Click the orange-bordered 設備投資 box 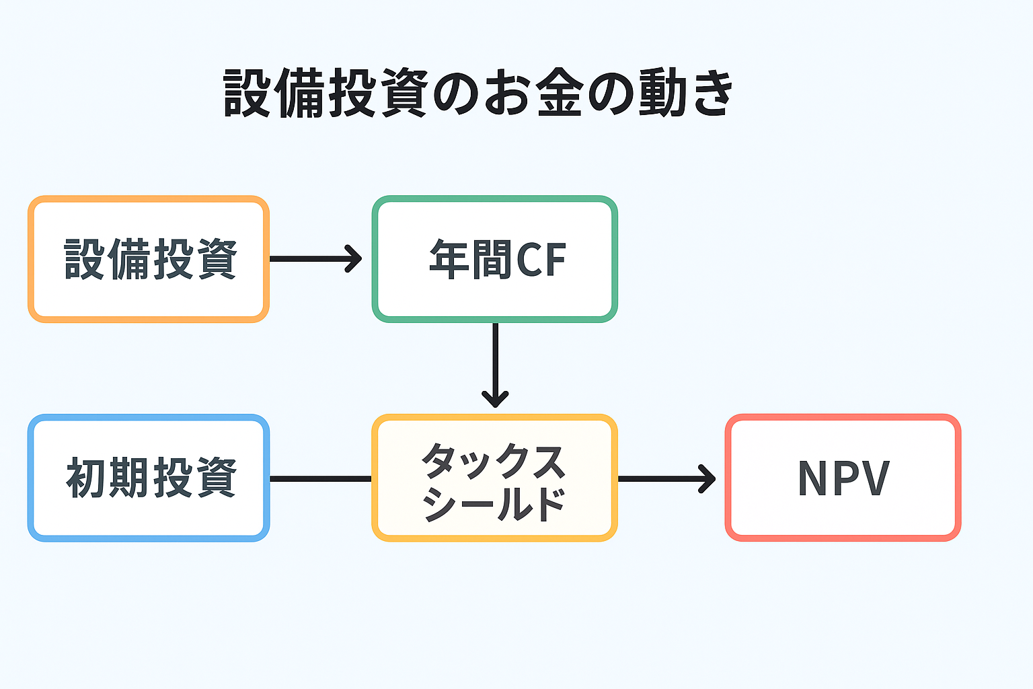tap(148, 259)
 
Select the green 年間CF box tap(494, 259)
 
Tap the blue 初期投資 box tap(148, 478)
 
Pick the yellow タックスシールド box tap(494, 478)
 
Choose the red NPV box tap(843, 478)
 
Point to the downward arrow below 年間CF tap(495, 367)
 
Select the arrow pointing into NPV tap(666, 478)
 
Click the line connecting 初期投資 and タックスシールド tap(320, 478)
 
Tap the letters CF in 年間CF tap(541, 260)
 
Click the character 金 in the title tap(560, 93)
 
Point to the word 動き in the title tap(685, 93)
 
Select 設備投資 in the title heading tap(326, 93)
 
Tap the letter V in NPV tap(875, 478)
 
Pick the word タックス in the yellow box tap(494, 461)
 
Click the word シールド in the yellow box tap(494, 503)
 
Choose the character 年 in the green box tap(449, 260)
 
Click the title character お tap(508, 93)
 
